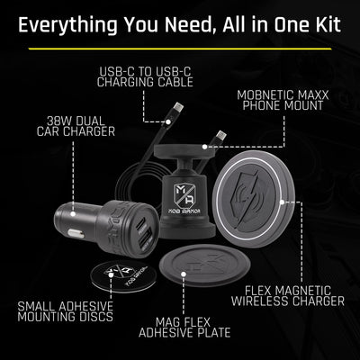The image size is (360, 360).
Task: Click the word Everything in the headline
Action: coord(67,25)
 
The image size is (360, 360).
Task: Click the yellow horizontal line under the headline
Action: coord(180,49)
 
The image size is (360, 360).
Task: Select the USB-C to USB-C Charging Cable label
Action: coord(145,76)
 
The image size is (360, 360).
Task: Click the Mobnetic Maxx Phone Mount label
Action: coord(283,100)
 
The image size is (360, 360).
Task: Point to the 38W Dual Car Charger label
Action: coord(76,126)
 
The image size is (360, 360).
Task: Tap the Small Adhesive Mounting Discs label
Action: coord(66,311)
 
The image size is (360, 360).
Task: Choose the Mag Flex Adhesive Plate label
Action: coord(184,328)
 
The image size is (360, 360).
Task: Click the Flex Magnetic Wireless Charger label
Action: coord(288,296)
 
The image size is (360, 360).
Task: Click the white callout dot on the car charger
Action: coord(73,214)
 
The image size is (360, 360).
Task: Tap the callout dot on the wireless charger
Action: coord(282,202)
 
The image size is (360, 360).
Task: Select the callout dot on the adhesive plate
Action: coord(184,274)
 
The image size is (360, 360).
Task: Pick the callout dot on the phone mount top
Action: coord(204,147)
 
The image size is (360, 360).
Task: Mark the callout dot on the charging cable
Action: coord(168,121)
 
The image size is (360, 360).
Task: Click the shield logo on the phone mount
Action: coord(184,194)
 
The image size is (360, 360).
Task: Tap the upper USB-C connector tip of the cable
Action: coord(178,107)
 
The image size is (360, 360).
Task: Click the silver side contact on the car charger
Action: coord(76,233)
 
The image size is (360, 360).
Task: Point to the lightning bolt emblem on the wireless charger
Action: coord(247,199)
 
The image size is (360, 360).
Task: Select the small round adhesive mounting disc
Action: coord(123,275)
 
